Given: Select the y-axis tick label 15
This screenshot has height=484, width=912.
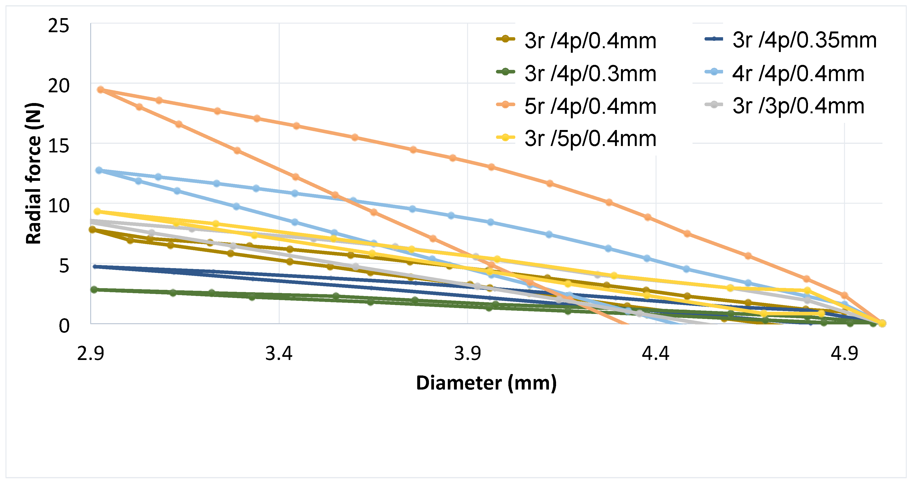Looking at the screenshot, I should pyautogui.click(x=58, y=146).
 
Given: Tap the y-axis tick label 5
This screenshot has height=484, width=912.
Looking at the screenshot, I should pyautogui.click(x=64, y=266).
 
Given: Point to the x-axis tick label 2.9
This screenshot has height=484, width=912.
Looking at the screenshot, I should pyautogui.click(x=91, y=353).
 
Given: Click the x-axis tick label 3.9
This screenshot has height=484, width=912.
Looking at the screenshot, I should pyautogui.click(x=467, y=353).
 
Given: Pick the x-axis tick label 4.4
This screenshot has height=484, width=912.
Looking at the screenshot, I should pyautogui.click(x=656, y=353).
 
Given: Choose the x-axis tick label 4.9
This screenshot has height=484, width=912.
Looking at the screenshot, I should pyautogui.click(x=844, y=353).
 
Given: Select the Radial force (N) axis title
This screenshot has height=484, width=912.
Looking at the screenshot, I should pyautogui.click(x=34, y=173).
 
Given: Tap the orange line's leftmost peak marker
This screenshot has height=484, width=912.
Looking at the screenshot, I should pyautogui.click(x=100, y=90).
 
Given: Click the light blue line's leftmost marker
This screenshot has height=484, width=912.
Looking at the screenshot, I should pyautogui.click(x=99, y=170).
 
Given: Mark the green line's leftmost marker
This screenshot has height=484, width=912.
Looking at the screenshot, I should pyautogui.click(x=94, y=290).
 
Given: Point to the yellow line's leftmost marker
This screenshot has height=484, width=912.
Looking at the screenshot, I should pyautogui.click(x=97, y=211).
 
